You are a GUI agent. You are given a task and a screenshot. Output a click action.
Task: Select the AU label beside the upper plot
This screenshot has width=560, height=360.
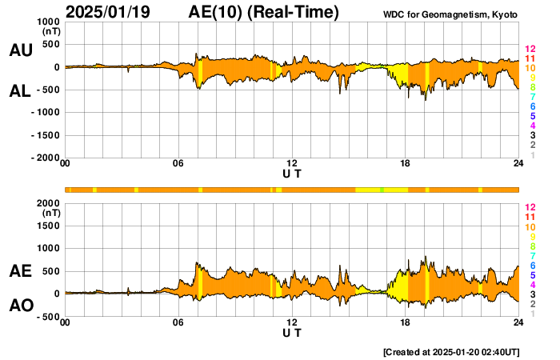pos(20,50)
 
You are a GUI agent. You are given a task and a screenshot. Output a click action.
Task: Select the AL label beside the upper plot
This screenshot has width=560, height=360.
pos(20,91)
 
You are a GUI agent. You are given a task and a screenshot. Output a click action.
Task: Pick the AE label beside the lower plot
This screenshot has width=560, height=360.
pos(20,271)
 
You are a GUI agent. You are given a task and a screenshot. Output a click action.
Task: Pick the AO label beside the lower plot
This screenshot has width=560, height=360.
pos(20,305)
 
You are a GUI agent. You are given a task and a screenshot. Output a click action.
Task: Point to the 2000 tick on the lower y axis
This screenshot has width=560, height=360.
pos(49,203)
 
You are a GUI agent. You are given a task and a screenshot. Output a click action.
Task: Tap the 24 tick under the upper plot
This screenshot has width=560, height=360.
pos(518,164)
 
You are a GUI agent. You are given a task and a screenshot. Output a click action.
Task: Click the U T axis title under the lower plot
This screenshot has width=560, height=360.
pos(292,332)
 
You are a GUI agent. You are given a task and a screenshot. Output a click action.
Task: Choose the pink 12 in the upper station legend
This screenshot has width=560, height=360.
pos(529,49)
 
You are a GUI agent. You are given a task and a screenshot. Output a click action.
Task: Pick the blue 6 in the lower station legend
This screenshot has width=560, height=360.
pos(531,265)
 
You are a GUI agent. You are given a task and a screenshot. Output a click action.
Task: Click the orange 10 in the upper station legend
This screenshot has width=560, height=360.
pos(529,68)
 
